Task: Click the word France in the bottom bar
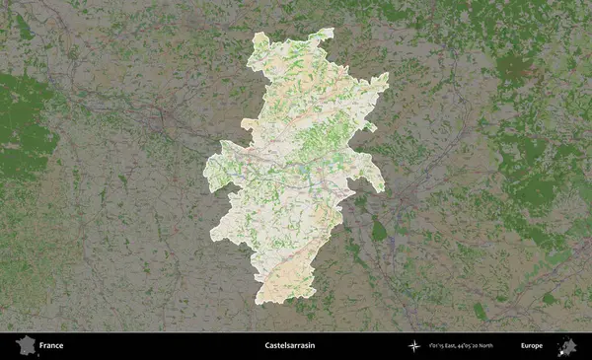(52, 346)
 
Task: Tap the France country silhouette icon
(24, 346)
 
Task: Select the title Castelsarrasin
(296, 346)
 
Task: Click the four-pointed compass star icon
(412, 346)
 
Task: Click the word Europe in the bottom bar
(532, 346)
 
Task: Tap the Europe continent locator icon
(567, 346)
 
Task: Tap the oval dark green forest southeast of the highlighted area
(379, 232)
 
